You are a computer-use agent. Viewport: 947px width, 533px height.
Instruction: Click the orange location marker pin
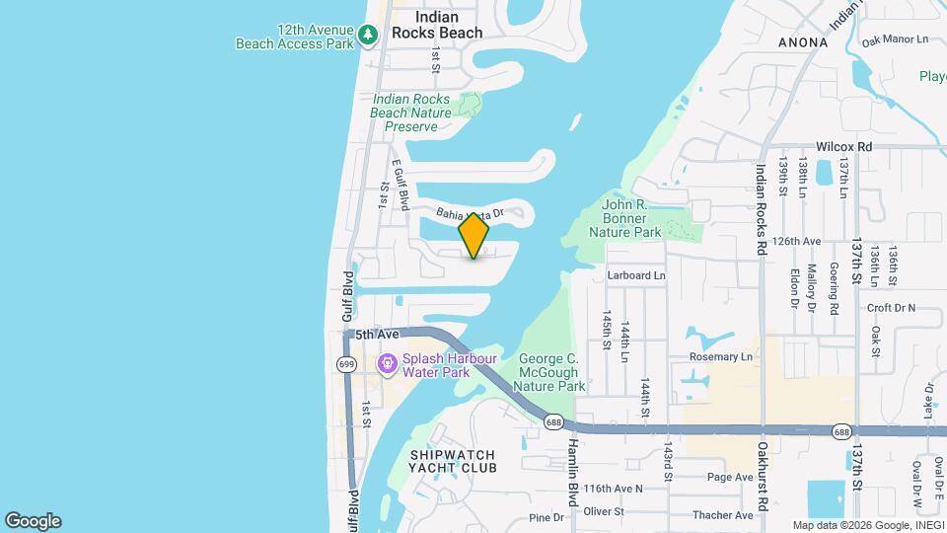click(x=474, y=236)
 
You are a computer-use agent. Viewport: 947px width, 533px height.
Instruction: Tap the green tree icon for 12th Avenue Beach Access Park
click(x=368, y=36)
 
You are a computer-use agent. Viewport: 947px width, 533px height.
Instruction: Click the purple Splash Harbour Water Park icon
click(x=387, y=364)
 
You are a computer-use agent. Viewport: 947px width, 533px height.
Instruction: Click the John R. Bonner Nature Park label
click(x=624, y=218)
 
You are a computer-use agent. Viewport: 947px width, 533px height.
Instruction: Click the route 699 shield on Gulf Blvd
click(x=346, y=364)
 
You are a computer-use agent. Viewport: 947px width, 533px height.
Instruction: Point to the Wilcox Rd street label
click(x=843, y=146)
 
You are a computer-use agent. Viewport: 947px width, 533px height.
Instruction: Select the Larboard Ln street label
click(x=636, y=275)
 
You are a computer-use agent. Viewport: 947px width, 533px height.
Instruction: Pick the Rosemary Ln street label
click(x=721, y=356)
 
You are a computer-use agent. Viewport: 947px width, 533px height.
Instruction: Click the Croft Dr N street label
click(x=892, y=308)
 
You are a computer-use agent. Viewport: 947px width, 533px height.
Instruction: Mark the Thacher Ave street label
click(x=723, y=515)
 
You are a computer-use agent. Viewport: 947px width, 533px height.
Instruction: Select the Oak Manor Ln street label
click(x=896, y=40)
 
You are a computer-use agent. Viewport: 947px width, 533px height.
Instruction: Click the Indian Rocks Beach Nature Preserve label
click(x=410, y=113)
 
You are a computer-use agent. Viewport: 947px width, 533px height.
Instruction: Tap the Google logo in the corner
click(x=33, y=521)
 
